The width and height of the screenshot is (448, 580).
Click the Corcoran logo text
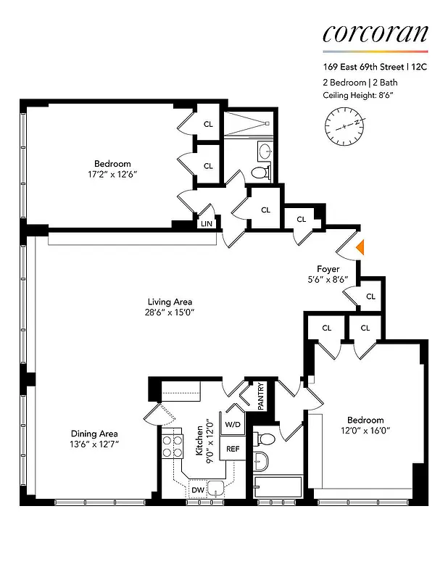(375, 33)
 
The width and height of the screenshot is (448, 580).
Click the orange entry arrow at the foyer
(360, 248)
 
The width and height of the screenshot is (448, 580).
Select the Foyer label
(328, 269)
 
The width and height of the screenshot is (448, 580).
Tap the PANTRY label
(262, 397)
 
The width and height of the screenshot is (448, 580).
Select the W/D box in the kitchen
(233, 424)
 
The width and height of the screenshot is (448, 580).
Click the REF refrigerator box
(233, 449)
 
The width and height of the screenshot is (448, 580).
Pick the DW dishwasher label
(198, 491)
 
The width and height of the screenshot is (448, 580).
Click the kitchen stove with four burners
(172, 444)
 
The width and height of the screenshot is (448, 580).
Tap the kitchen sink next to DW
(215, 487)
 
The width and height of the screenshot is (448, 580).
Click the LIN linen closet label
(207, 224)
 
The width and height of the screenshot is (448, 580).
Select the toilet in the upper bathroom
(260, 173)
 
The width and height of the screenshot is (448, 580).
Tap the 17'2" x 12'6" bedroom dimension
(112, 175)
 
